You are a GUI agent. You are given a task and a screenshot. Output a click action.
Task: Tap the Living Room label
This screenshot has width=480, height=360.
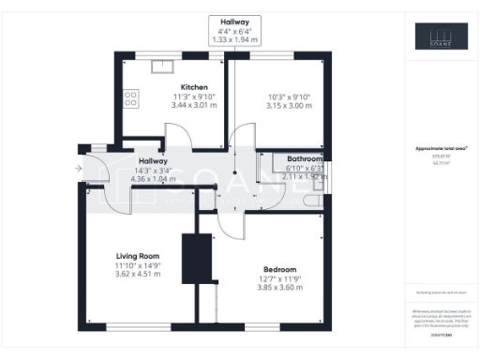tap(139, 256)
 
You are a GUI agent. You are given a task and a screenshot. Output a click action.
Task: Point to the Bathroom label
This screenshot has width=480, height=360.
tap(305, 159)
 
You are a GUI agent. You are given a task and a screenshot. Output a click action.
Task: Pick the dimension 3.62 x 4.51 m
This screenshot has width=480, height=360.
tap(138, 276)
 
